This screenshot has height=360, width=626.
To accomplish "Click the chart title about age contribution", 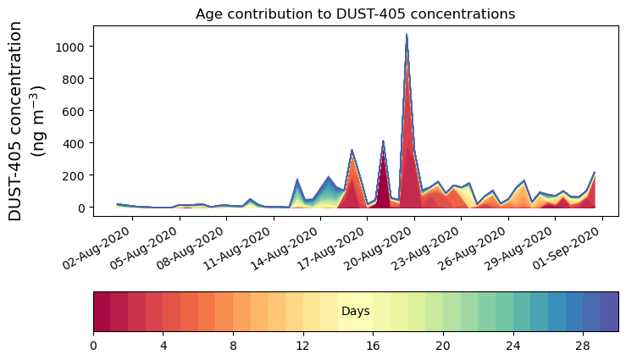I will (355, 14).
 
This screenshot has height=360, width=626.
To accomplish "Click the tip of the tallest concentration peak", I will (407, 35).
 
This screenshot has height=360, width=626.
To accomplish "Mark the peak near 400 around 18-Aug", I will (383, 141).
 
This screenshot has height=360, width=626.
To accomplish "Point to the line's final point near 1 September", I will (595, 173).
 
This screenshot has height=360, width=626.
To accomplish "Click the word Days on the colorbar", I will (355, 312).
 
